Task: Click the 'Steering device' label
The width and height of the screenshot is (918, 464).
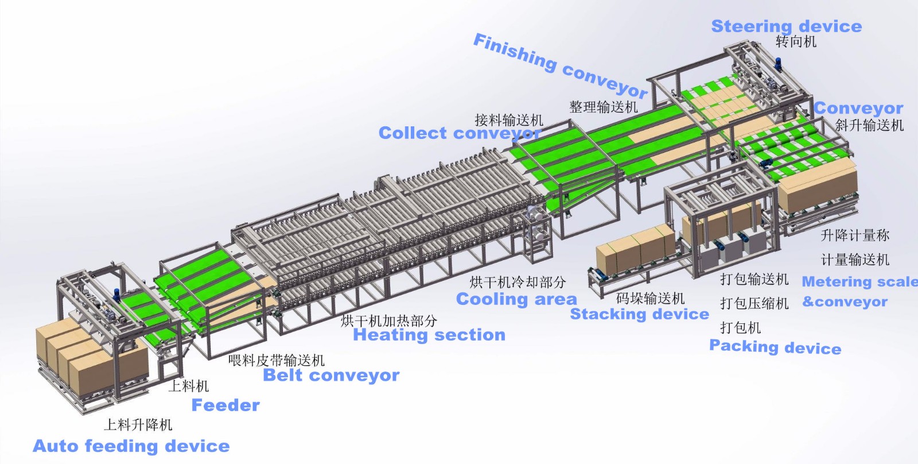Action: [x=787, y=26]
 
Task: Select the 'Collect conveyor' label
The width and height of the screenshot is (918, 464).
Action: [x=460, y=133]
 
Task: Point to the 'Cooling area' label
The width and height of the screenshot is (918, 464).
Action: [x=516, y=299]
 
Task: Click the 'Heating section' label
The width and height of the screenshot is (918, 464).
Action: [x=429, y=335]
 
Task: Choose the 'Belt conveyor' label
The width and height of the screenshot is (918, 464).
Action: [x=331, y=375]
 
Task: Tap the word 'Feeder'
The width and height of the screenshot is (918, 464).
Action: [x=225, y=405]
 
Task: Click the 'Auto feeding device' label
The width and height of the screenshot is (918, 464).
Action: [x=131, y=446]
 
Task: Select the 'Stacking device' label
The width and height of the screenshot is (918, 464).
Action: [x=639, y=314]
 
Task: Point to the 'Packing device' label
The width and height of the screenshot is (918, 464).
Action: [x=775, y=347]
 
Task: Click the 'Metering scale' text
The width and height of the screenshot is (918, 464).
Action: [x=860, y=281]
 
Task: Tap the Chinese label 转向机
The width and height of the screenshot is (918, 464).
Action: [x=796, y=41]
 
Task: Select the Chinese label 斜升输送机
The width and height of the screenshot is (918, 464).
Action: [x=869, y=125]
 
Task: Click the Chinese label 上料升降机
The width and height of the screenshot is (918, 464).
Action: [x=138, y=424]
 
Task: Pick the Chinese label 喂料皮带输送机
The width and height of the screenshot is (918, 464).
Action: [x=277, y=360]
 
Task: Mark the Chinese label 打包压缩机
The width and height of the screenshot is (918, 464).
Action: [x=754, y=303]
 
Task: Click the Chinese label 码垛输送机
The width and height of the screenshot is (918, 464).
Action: [x=650, y=298]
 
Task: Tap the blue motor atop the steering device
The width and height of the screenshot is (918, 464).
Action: [x=778, y=64]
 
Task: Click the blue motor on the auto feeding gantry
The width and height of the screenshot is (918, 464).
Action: [x=116, y=294]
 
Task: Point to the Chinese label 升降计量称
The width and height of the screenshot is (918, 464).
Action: [x=855, y=235]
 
